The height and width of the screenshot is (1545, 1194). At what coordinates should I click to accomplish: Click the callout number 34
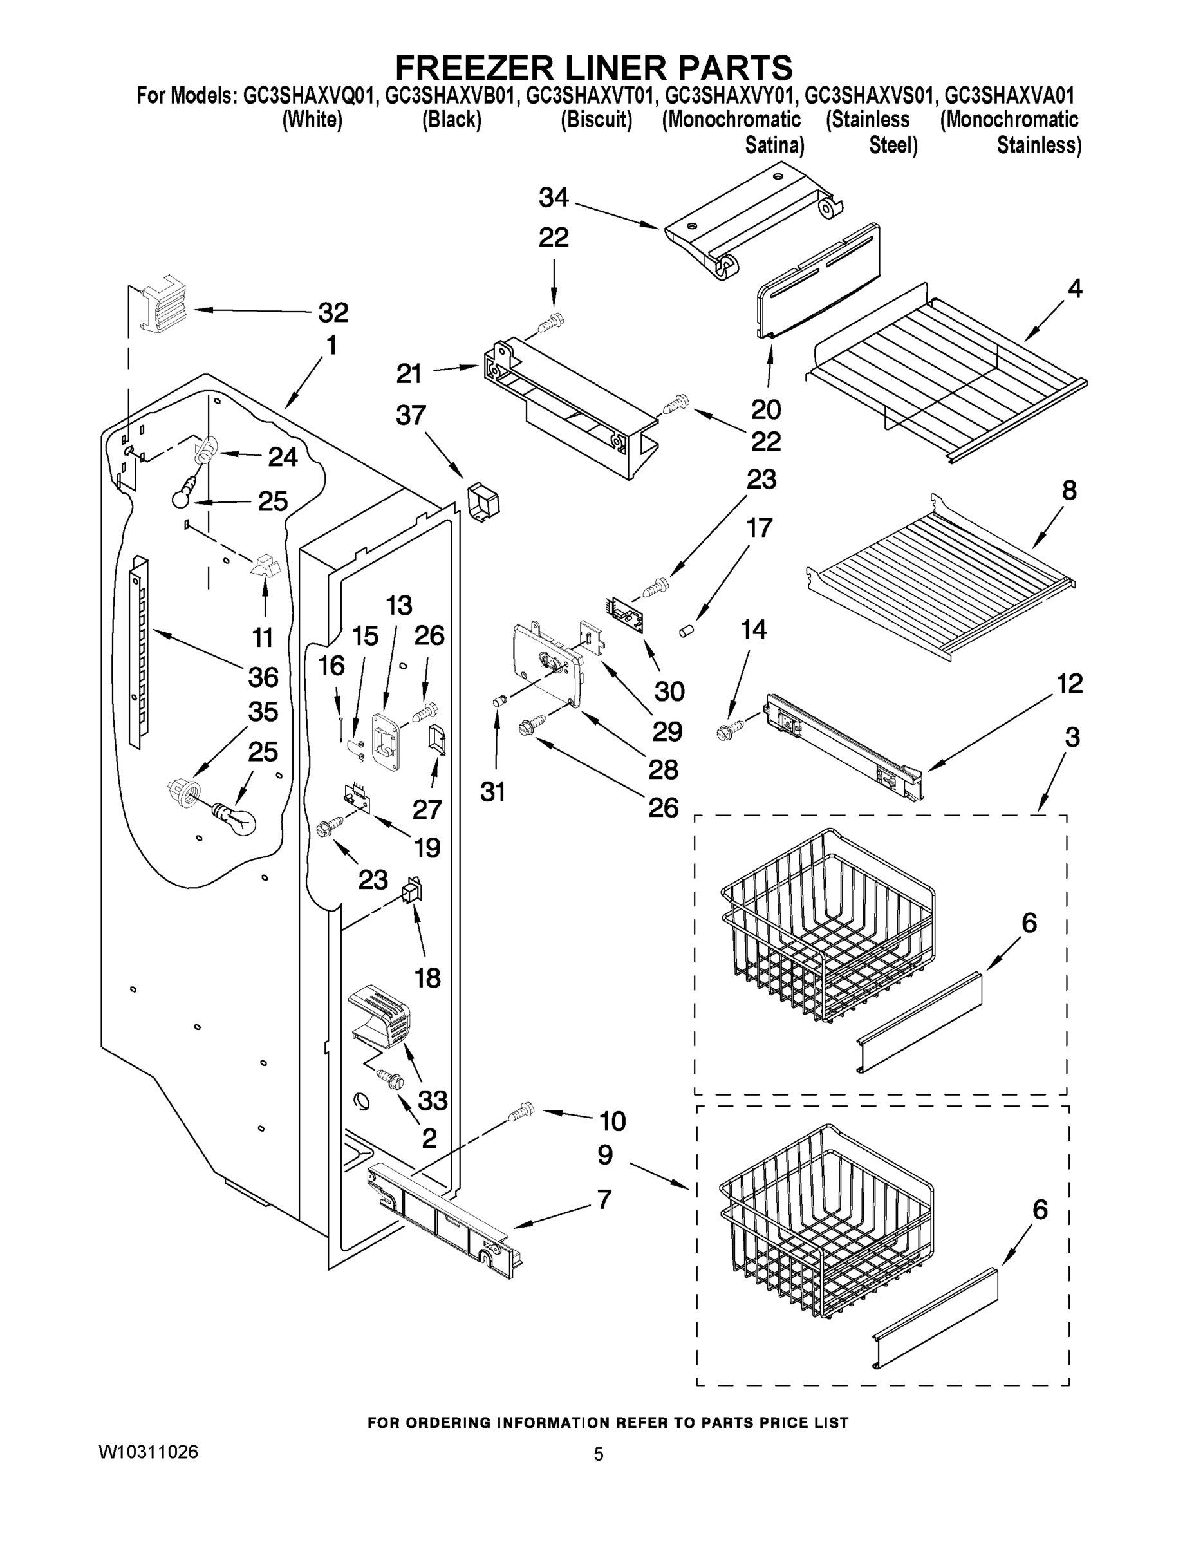click(553, 198)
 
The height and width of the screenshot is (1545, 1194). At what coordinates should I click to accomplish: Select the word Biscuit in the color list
click(595, 120)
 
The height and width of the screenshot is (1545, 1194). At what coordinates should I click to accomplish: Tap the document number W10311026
click(148, 1452)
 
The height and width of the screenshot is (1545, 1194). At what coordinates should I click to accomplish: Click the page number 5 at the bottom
click(599, 1454)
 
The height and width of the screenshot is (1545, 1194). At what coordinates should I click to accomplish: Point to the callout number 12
click(1070, 684)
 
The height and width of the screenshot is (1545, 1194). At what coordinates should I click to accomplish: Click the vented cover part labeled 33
click(380, 1017)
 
